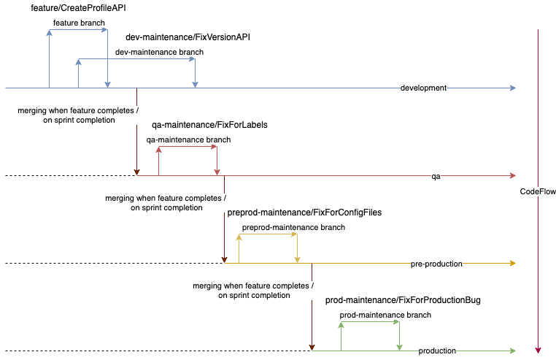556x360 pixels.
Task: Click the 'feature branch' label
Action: pyautogui.click(x=79, y=23)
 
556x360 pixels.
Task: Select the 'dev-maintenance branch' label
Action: pyautogui.click(x=159, y=52)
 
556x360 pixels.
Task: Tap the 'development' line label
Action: pyautogui.click(x=423, y=88)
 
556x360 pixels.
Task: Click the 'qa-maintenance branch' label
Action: pyautogui.click(x=188, y=139)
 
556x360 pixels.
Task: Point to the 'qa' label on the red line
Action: pyautogui.click(x=436, y=176)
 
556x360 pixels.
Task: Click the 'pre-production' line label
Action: pyautogui.click(x=436, y=264)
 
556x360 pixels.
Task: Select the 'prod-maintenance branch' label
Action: pyautogui.click(x=385, y=315)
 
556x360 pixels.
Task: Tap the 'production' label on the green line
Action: pyautogui.click(x=437, y=351)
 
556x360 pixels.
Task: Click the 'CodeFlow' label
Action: pyautogui.click(x=538, y=191)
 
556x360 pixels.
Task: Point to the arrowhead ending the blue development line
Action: pyautogui.click(x=513, y=88)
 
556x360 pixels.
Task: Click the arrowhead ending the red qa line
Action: pyautogui.click(x=513, y=175)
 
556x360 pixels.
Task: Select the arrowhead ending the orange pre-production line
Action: pyautogui.click(x=513, y=263)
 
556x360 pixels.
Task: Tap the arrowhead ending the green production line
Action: pyautogui.click(x=513, y=351)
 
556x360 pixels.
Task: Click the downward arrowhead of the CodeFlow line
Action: pyautogui.click(x=538, y=350)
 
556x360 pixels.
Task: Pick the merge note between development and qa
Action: pyautogui.click(x=78, y=115)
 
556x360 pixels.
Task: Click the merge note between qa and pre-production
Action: pyautogui.click(x=166, y=202)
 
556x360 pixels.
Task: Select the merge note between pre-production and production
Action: pyautogui.click(x=253, y=290)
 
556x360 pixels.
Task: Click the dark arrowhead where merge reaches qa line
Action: pyautogui.click(x=137, y=172)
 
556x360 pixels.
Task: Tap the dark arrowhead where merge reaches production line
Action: pyautogui.click(x=312, y=348)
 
